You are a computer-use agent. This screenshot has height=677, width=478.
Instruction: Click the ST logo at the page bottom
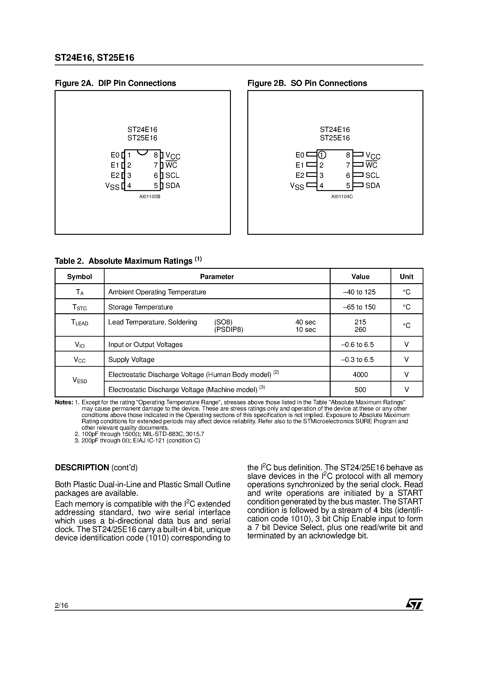(414, 604)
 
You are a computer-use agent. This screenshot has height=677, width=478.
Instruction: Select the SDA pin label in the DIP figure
(173, 185)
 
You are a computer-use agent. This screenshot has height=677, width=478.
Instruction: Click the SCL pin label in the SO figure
(372, 176)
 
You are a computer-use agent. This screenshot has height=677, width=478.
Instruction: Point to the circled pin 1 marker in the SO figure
(322, 155)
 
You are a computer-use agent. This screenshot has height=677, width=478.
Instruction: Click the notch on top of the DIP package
(143, 152)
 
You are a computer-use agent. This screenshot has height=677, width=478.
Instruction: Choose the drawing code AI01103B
(150, 197)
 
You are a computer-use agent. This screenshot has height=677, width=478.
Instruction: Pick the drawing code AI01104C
(342, 197)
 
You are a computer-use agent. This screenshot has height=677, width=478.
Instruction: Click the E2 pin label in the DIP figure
(115, 176)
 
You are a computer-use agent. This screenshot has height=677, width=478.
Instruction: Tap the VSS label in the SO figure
(297, 186)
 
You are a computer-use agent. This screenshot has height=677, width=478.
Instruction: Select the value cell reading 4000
(360, 374)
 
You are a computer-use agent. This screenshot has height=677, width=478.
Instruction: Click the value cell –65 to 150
(359, 307)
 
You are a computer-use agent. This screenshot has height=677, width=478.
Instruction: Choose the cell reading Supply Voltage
(131, 359)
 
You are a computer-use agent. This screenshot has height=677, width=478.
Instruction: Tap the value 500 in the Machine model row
(360, 389)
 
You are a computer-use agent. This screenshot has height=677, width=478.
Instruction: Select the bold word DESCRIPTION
(82, 468)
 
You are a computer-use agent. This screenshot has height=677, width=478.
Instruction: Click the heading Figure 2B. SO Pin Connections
(307, 83)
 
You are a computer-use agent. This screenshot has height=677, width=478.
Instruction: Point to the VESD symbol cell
(80, 381)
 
